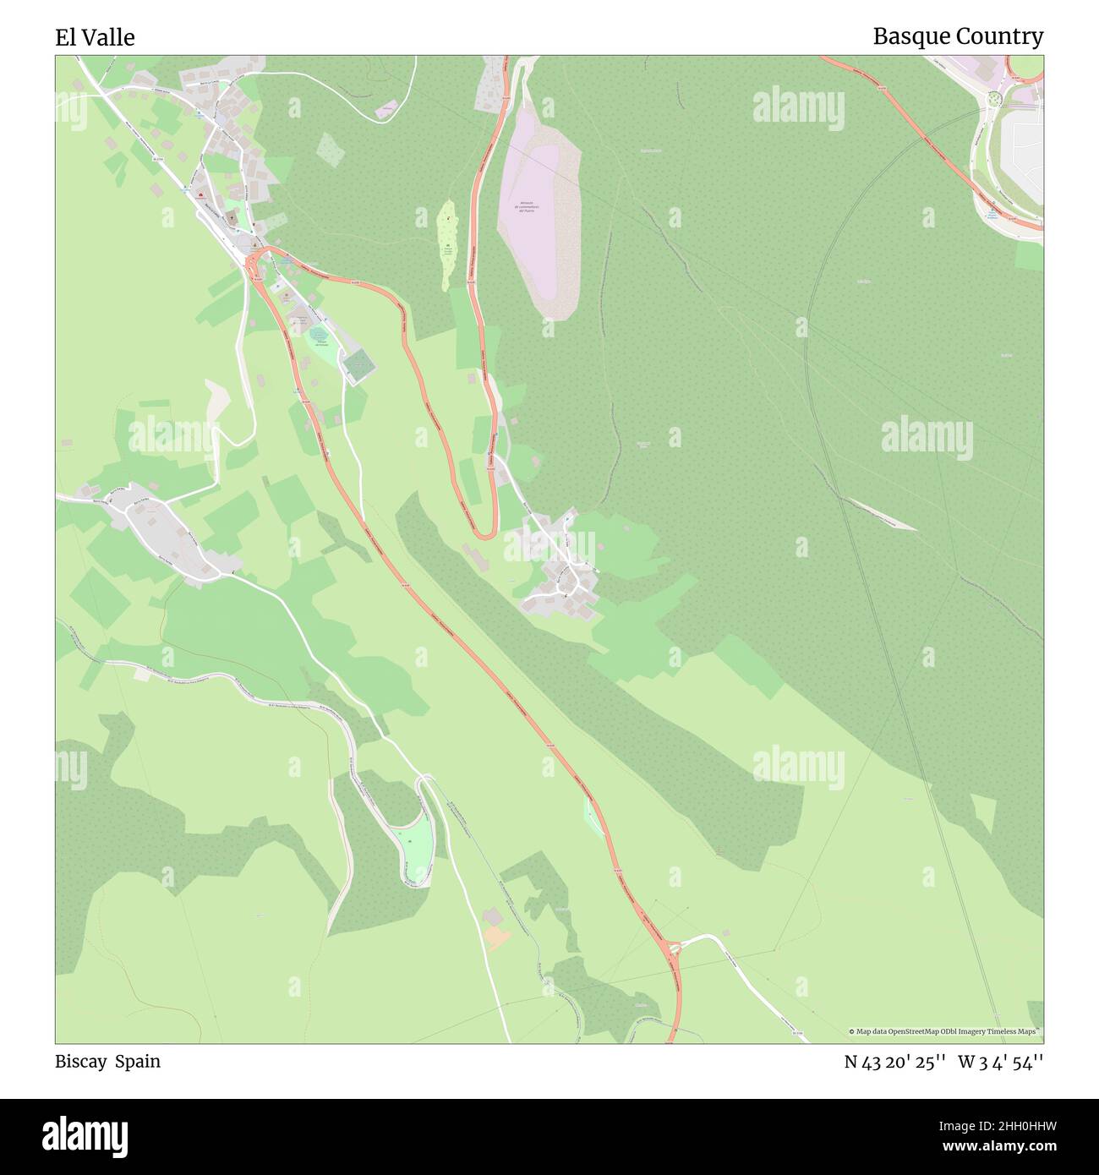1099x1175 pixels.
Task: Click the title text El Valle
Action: tap(95, 37)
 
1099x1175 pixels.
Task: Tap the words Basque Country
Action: tap(957, 36)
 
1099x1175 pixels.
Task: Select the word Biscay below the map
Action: tap(80, 1061)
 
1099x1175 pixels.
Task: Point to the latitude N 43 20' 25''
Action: tap(895, 1062)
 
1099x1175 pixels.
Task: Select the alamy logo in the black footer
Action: tap(85, 1134)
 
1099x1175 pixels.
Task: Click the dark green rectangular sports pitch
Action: tap(358, 365)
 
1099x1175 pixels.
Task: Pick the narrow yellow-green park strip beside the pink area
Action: tap(446, 245)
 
